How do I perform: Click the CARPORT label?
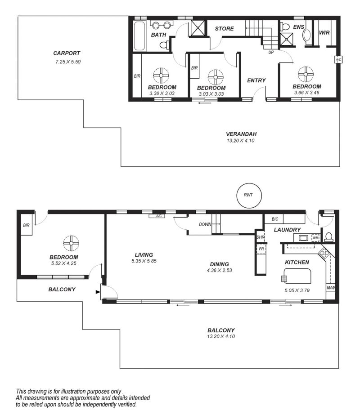pyautogui.click(x=67, y=53)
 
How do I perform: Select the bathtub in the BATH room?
pyautogui.click(x=139, y=36)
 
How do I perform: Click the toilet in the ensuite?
pyautogui.click(x=284, y=27)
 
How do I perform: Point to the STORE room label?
pyautogui.click(x=225, y=28)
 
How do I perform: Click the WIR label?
pyautogui.click(x=324, y=33)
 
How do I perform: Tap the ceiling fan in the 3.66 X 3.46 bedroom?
pyautogui.click(x=306, y=74)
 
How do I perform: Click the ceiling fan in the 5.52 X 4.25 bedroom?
pyautogui.click(x=71, y=243)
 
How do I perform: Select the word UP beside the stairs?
pyautogui.click(x=271, y=52)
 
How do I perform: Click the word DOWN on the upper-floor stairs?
pyautogui.click(x=205, y=224)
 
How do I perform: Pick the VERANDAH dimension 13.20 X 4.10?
pyautogui.click(x=240, y=141)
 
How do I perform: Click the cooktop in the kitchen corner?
pyautogui.click(x=324, y=253)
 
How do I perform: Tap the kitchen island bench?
pyautogui.click(x=298, y=276)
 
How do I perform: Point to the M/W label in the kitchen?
pyautogui.click(x=330, y=288)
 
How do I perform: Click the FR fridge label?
pyautogui.click(x=261, y=249)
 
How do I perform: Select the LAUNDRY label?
pyautogui.click(x=287, y=230)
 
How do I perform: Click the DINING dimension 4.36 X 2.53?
pyautogui.click(x=220, y=270)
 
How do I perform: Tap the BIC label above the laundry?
pyautogui.click(x=275, y=219)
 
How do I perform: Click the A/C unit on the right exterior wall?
pyautogui.click(x=338, y=60)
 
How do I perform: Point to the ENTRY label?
pyautogui.click(x=256, y=80)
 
